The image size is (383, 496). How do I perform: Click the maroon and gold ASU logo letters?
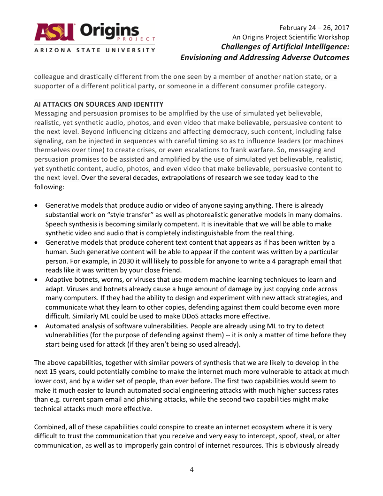click(x=54, y=32)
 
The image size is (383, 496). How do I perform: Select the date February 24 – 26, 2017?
click(x=314, y=28)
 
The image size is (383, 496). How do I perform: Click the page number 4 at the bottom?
click(x=191, y=470)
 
